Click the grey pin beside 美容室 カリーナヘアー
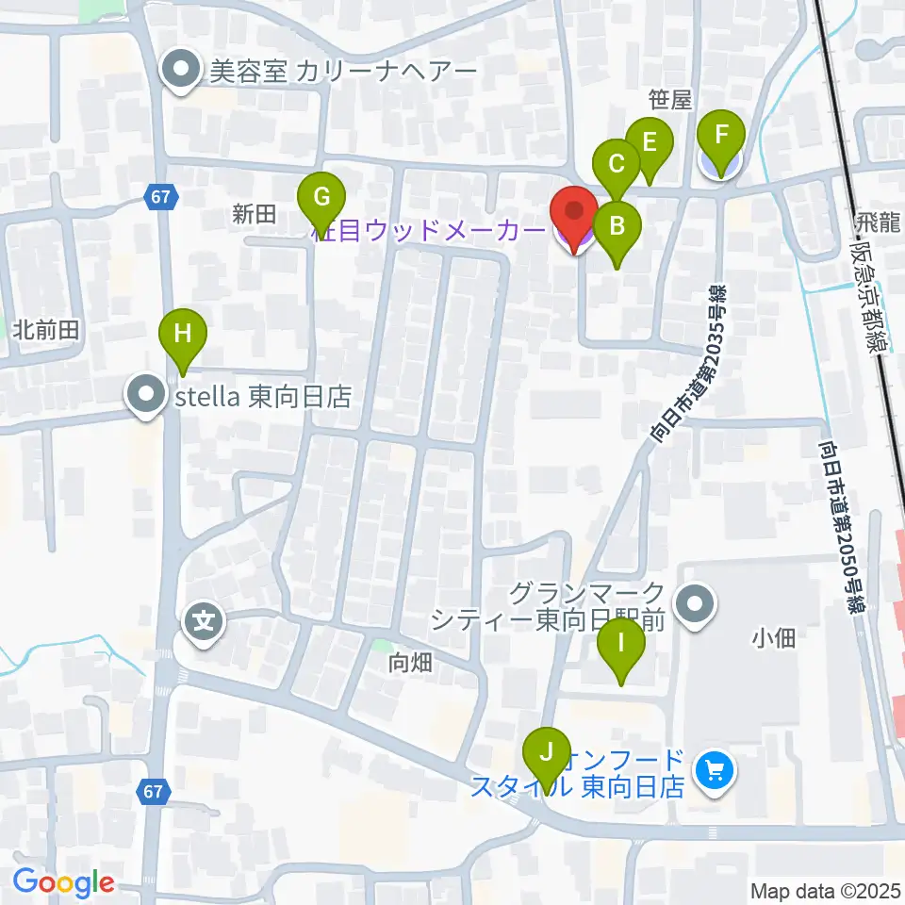coord(180,71)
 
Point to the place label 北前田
coord(44,329)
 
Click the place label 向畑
coord(410,663)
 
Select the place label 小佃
coord(774,638)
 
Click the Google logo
coord(63,882)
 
